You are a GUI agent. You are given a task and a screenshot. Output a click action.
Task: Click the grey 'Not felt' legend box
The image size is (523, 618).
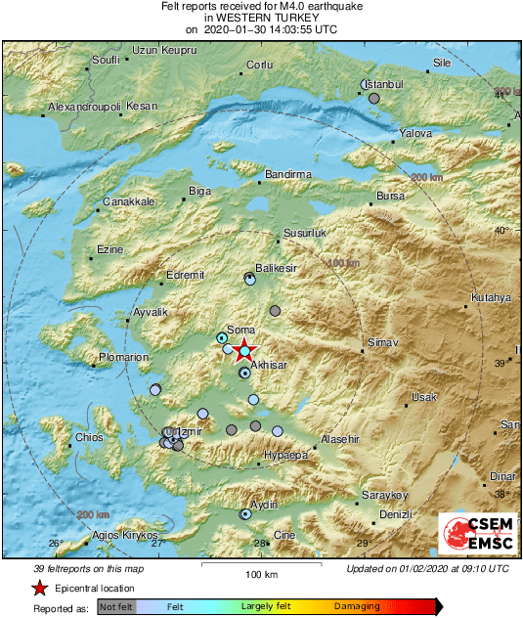coord(116,607)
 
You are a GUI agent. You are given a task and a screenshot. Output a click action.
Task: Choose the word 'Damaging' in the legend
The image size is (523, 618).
coord(357,607)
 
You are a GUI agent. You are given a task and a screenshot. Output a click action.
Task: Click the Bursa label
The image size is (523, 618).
coord(390,197)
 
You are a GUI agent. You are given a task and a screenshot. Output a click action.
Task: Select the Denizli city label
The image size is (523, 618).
coord(396,514)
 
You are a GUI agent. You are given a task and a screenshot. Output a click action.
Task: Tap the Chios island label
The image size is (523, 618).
coord(89,437)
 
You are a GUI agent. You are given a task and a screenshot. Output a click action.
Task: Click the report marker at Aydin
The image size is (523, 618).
coord(245,513)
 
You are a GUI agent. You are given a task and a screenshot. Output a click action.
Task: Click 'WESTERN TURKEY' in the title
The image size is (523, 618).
coord(260,18)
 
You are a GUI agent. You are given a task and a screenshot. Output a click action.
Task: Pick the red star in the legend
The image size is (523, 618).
coord(39,588)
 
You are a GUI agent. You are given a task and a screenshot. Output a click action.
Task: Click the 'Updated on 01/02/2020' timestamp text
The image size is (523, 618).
coord(427,569)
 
